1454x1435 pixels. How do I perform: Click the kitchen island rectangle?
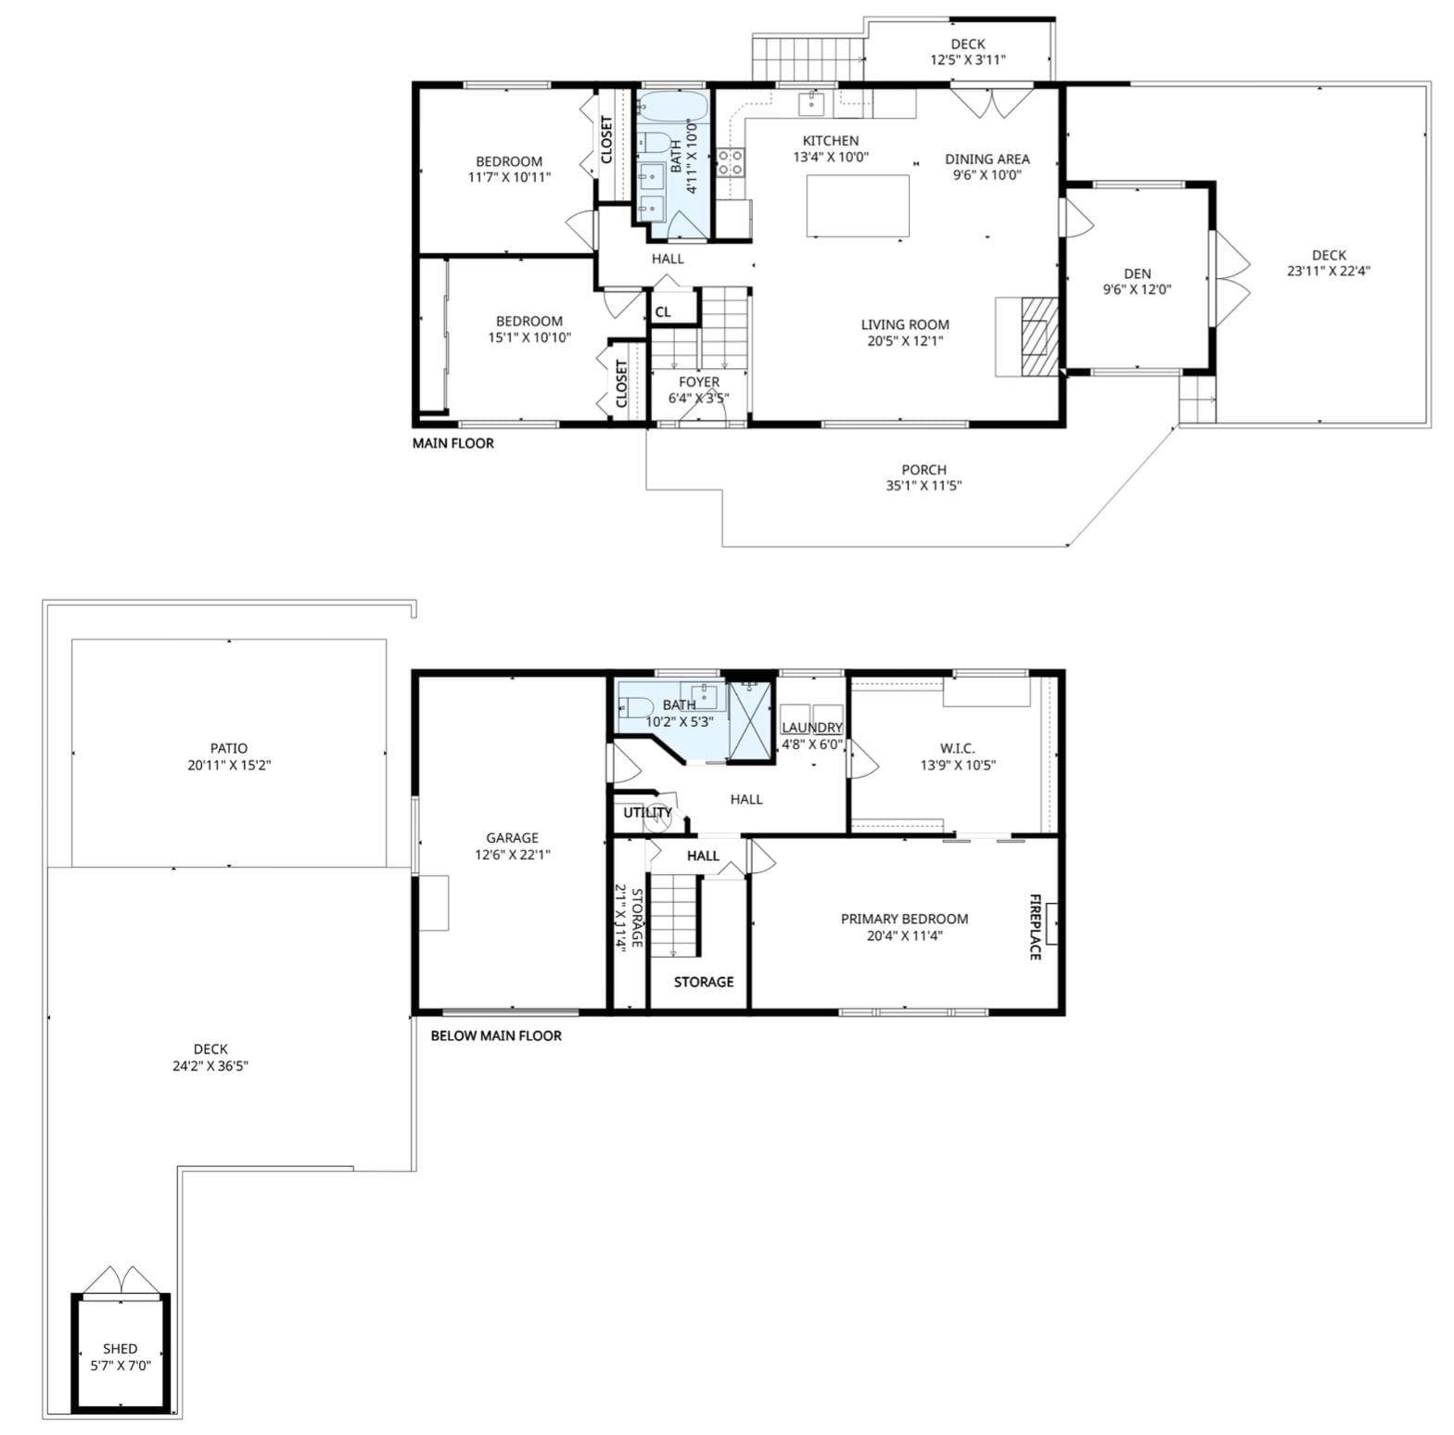point(857,206)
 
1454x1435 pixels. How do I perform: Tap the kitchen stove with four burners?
point(731,163)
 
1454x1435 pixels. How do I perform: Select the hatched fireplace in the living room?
point(1037,337)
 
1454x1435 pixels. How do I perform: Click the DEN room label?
point(1137,273)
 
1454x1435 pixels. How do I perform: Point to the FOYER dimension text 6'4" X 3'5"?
point(698,399)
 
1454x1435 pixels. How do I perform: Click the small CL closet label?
point(663,312)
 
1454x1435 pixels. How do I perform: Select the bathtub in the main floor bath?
point(672,108)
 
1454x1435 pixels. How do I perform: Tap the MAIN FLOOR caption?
point(453,443)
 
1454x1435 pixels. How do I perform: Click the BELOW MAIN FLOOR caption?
point(496,1035)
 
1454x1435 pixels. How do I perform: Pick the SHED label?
point(121,1349)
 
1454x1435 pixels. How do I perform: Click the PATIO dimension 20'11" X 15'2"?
point(228,765)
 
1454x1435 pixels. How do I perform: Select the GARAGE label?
point(512,838)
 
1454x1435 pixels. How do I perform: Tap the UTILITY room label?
point(647,813)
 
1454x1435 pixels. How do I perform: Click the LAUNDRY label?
point(812,728)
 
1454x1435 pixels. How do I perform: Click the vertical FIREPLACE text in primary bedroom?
point(1035,926)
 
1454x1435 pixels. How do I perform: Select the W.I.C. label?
point(957,748)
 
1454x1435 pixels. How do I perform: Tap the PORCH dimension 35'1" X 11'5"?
point(924,485)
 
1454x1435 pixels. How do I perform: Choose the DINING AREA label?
point(987,159)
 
